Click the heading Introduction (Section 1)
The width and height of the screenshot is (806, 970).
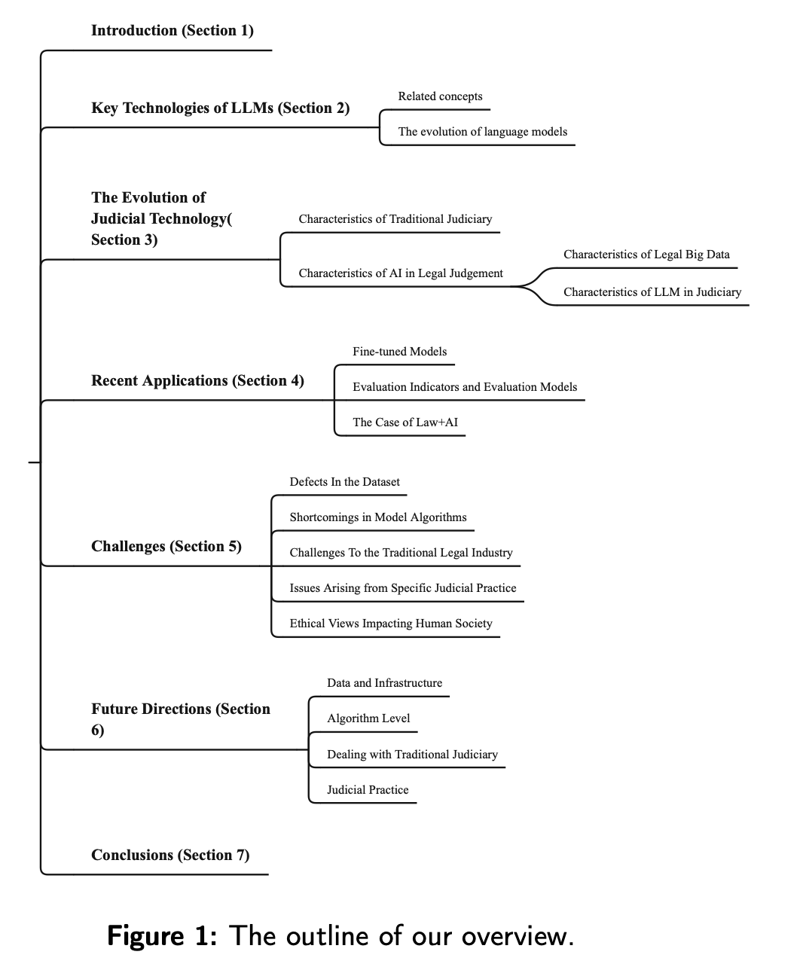pyautogui.click(x=172, y=31)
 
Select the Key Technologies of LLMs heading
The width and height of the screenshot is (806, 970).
pyautogui.click(x=220, y=108)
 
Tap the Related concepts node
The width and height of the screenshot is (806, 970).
pyautogui.click(x=440, y=96)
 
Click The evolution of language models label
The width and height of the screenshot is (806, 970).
pyautogui.click(x=482, y=132)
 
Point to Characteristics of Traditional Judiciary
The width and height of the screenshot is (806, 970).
pyautogui.click(x=395, y=219)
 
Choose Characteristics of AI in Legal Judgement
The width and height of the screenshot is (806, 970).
pyautogui.click(x=401, y=273)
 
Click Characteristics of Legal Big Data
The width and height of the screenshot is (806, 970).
pyautogui.click(x=646, y=255)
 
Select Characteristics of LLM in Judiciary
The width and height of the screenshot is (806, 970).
pyautogui.click(x=652, y=292)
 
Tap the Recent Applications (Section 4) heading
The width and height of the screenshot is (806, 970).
pyautogui.click(x=197, y=381)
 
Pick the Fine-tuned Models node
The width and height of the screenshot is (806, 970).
pyautogui.click(x=399, y=352)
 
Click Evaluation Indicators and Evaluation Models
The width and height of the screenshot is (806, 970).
pyautogui.click(x=464, y=387)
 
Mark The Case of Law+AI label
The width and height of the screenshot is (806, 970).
pyautogui.click(x=405, y=422)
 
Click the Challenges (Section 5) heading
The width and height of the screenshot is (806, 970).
pyautogui.click(x=166, y=547)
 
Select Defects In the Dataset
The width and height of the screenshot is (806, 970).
pyautogui.click(x=344, y=482)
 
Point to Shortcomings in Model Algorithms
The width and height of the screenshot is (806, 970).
pyautogui.click(x=377, y=517)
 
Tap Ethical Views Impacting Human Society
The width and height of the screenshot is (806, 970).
pyautogui.click(x=390, y=624)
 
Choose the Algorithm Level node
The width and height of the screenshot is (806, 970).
pyautogui.click(x=368, y=718)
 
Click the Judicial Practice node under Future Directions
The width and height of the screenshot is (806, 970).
pyautogui.click(x=368, y=790)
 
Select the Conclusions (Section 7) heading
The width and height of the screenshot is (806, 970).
pyautogui.click(x=170, y=856)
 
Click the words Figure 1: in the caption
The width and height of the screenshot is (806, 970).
pyautogui.click(x=162, y=936)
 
